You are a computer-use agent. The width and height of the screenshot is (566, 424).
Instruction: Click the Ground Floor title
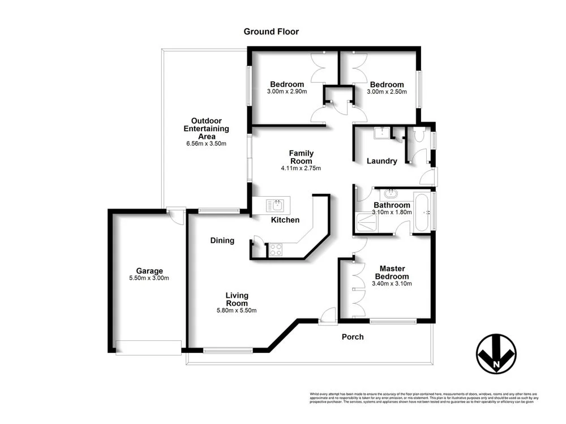coord(271,32)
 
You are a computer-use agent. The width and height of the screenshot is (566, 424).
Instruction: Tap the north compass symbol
coord(496,354)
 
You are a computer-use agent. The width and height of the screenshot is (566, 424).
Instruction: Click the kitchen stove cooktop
coord(276,249)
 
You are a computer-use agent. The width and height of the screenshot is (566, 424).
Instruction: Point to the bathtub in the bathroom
coord(422,212)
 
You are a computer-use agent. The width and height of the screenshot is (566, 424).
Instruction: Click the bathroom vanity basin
coord(392,193)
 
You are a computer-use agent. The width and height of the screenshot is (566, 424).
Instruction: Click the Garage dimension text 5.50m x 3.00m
coord(149,278)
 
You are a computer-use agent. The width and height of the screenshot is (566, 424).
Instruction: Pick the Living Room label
coord(237,299)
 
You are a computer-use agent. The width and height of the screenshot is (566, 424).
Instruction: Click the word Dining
coord(222,240)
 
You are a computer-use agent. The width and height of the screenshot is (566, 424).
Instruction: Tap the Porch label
coord(353,337)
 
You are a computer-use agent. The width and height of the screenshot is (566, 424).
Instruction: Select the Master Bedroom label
coord(391,272)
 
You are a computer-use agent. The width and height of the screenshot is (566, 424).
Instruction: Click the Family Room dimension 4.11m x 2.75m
coord(301,168)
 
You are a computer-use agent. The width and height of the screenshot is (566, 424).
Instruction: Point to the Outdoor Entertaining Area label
coord(206,128)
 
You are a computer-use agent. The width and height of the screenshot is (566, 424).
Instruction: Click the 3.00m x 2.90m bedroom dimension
coord(287,92)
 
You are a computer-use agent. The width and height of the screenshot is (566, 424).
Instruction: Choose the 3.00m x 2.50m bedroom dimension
coord(387,92)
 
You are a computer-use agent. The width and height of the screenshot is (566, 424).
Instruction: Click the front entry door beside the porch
coord(328,317)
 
